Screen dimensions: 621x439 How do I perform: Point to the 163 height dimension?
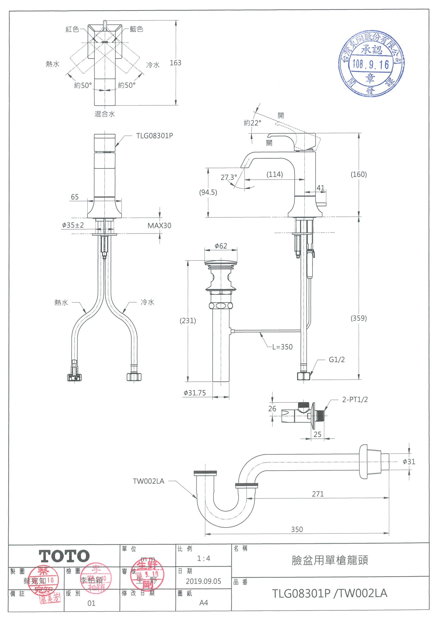[x=175, y=63]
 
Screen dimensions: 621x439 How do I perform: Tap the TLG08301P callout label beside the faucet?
[x=154, y=136]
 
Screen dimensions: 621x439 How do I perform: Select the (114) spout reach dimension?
[x=274, y=174]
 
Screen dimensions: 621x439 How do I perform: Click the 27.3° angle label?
[x=229, y=178]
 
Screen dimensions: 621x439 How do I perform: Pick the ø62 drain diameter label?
[x=221, y=246]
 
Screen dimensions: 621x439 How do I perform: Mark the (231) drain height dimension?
[x=188, y=321]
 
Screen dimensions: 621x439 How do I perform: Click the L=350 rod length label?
[x=282, y=347]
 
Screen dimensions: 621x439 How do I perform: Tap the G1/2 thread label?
[x=337, y=359]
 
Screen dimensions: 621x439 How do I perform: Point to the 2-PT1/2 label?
[x=355, y=399]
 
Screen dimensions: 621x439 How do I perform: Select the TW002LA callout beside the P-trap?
[x=148, y=481]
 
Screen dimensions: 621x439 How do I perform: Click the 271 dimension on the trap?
[x=317, y=494]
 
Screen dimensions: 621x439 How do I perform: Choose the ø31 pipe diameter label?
[x=409, y=462]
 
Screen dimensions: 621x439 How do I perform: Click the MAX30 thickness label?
[x=159, y=226]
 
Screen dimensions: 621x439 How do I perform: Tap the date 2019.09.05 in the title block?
[x=203, y=581]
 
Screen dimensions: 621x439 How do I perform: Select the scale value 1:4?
[x=203, y=558]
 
